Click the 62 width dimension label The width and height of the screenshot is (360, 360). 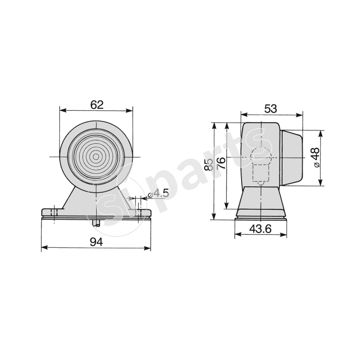(97, 105)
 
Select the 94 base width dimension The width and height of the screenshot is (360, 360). (96, 242)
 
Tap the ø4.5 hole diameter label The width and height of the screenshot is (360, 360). (158, 193)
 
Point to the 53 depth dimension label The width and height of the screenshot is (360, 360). (270, 109)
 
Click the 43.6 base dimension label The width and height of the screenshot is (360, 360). (261, 229)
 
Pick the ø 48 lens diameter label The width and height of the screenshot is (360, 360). (316, 157)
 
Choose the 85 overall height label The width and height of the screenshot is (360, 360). (208, 164)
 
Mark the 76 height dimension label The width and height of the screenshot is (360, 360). (221, 163)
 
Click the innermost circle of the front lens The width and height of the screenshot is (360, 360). (96, 157)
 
